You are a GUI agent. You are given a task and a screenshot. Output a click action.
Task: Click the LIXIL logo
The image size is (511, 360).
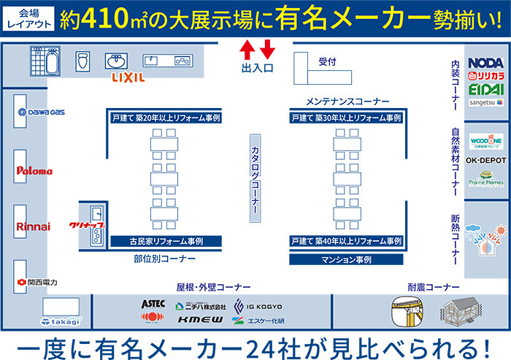(x=128, y=77)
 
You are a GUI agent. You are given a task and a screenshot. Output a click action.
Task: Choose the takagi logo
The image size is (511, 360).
(x=61, y=321)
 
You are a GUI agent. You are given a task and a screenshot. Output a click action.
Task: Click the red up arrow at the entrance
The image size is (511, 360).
(x=247, y=50)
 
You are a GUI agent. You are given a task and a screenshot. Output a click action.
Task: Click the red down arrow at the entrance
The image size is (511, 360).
(x=266, y=50)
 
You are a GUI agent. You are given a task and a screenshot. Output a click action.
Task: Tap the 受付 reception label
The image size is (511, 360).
(x=326, y=62)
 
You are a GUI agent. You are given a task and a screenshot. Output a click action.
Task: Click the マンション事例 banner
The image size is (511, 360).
(x=347, y=258)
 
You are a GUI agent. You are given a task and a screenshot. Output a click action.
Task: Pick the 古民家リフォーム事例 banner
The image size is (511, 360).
(x=166, y=240)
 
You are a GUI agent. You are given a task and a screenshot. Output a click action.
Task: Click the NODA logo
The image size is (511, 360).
(x=485, y=64)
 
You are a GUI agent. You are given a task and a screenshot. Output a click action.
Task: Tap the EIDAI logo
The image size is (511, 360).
(x=485, y=89)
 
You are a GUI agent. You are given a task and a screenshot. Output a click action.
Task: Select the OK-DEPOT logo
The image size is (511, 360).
(x=485, y=160)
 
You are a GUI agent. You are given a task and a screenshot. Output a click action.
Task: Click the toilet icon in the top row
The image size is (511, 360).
(x=82, y=60)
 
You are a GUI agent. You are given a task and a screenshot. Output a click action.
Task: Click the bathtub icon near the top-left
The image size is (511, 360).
(x=45, y=61)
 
